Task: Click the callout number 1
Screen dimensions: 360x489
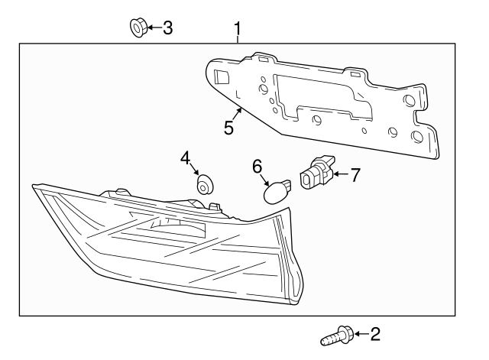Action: [x=238, y=30]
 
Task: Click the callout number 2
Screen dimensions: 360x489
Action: [x=374, y=333]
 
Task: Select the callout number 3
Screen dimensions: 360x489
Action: [x=167, y=29]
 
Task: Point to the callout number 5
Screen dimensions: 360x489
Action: [x=228, y=127]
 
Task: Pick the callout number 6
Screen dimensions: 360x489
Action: [x=257, y=166]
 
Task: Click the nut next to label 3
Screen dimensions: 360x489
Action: [x=138, y=29]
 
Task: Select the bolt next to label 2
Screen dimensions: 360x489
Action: [x=337, y=334]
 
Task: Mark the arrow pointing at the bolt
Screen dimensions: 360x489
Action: [x=360, y=333]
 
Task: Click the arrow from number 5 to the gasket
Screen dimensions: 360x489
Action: [x=239, y=114]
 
